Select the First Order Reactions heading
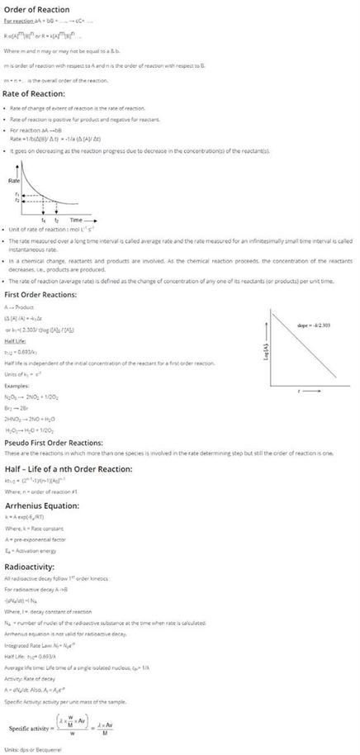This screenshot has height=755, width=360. [x=49, y=295]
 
